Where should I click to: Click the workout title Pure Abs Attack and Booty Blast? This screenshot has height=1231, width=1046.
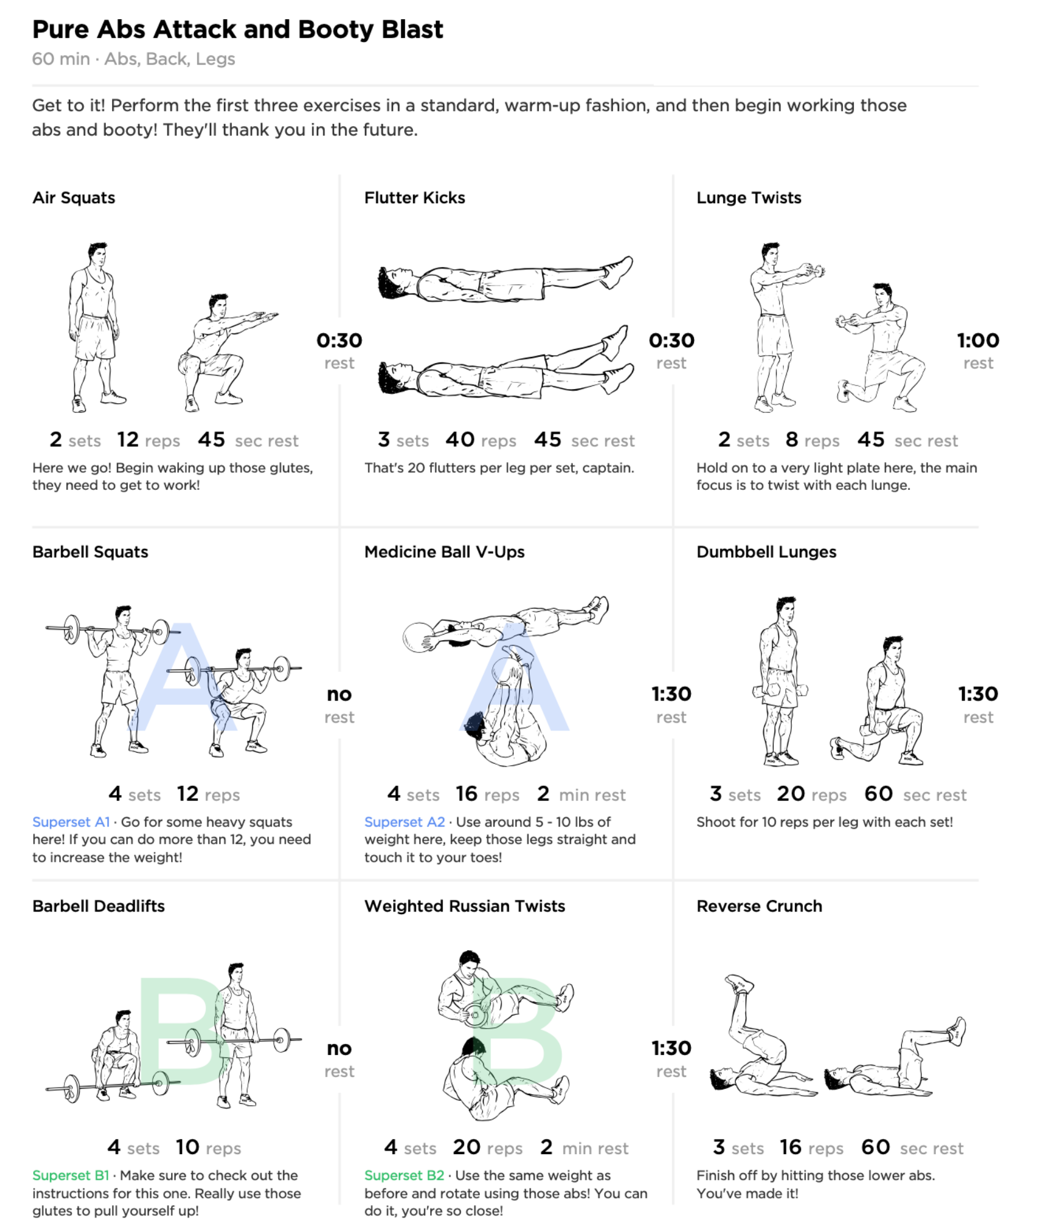(x=238, y=30)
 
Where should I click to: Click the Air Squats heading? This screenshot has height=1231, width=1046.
(x=74, y=198)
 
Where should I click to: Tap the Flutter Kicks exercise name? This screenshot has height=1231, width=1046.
(x=414, y=198)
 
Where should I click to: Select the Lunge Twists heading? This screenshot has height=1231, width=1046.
(x=748, y=198)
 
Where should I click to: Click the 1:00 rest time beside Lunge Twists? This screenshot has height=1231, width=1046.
(x=977, y=340)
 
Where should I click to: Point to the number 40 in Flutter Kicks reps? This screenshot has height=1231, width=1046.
(x=460, y=439)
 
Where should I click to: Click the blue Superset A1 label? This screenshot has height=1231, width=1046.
(x=71, y=822)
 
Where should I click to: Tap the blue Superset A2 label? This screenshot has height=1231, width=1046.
(x=404, y=822)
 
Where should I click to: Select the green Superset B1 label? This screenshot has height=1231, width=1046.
(x=70, y=1175)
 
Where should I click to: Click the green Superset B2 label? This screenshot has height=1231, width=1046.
(x=404, y=1175)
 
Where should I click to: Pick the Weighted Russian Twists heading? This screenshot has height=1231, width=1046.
(x=464, y=906)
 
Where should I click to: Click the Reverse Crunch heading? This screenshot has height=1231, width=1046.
(x=759, y=906)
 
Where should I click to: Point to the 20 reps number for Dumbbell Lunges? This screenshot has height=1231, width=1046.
(x=790, y=794)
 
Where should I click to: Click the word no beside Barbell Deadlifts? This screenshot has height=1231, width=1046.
(x=339, y=1048)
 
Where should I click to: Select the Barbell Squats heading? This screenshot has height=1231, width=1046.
(x=90, y=552)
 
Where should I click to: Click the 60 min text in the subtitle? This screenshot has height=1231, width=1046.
(x=60, y=59)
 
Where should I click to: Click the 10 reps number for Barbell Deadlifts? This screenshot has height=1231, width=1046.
(x=187, y=1147)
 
